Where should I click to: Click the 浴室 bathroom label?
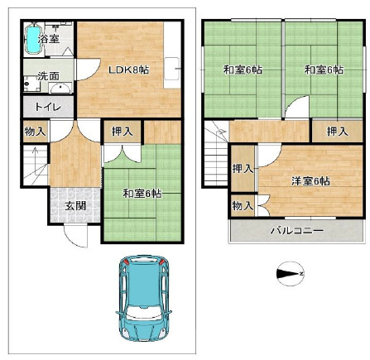(x=49, y=39)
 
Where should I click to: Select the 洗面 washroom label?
(x=47, y=77)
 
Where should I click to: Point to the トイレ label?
(x=46, y=106)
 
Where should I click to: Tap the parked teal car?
(x=142, y=297)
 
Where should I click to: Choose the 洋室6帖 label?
(x=308, y=180)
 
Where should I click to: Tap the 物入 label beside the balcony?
(x=242, y=205)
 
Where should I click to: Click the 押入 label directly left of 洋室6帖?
(x=242, y=169)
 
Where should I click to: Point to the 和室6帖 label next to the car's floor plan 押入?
(x=141, y=193)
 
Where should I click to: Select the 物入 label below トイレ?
(x=34, y=132)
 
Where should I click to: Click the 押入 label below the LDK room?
(x=119, y=131)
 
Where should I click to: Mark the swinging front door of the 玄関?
(x=76, y=238)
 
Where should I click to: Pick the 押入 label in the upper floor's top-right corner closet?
(x=335, y=131)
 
